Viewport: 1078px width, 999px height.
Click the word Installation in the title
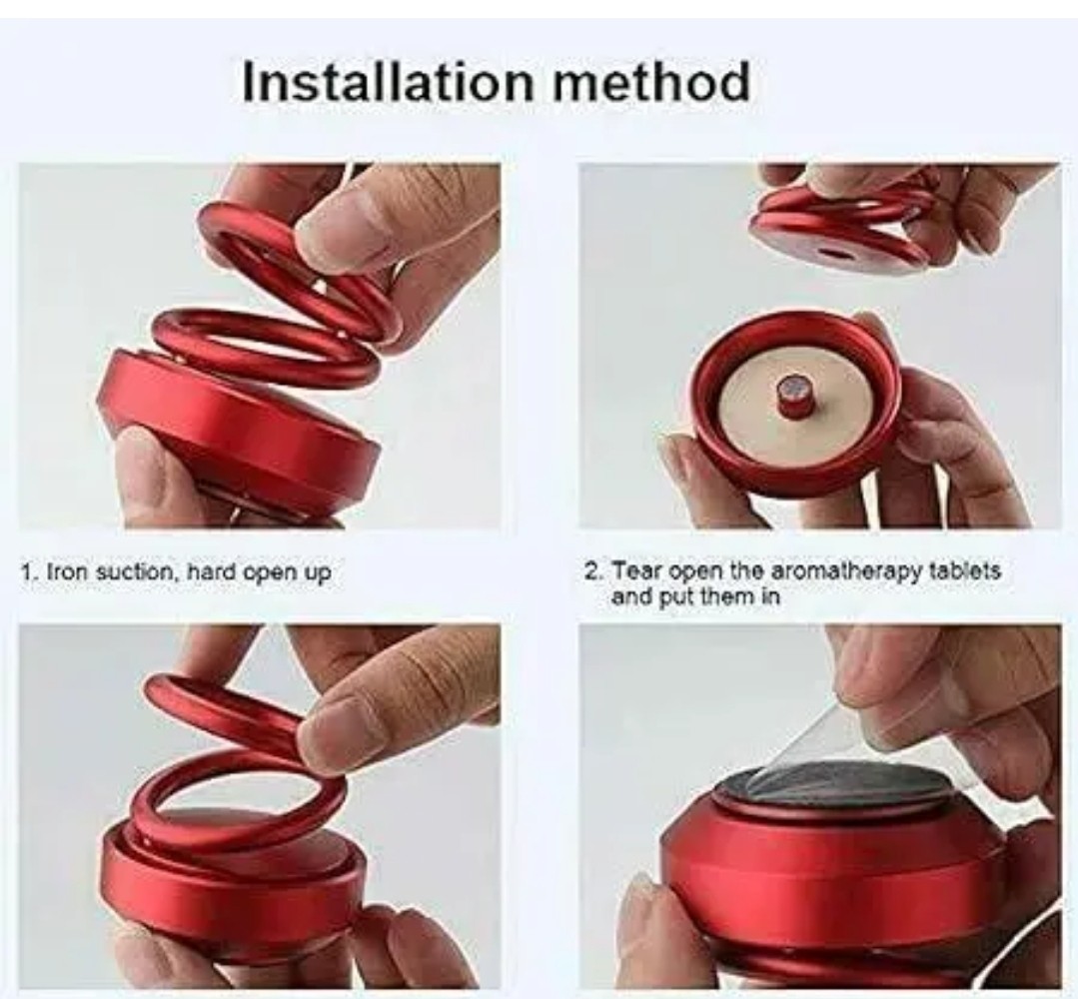[x=389, y=82]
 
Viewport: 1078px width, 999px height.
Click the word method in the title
[x=651, y=82]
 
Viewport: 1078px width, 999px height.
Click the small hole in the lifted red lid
[x=835, y=253]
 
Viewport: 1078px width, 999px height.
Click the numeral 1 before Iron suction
[x=26, y=572]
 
